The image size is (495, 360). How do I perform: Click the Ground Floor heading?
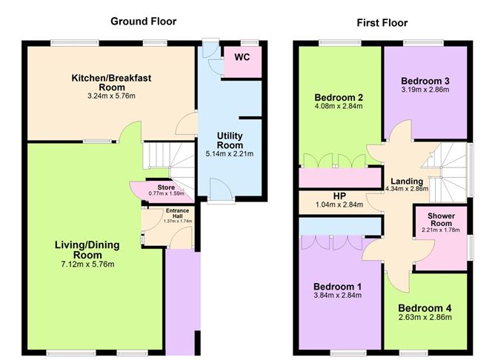pos(143,21)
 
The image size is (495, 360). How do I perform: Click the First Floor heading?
pos(382,23)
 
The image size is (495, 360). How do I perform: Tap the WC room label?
pos(242,57)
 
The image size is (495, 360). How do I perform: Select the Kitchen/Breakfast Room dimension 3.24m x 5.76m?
pos(111,96)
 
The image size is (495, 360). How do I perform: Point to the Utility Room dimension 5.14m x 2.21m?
pos(230,154)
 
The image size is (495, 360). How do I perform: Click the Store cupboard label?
pos(166,187)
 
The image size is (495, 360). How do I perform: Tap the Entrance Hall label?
pos(177,213)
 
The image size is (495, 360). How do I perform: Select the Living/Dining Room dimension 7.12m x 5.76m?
pos(87,264)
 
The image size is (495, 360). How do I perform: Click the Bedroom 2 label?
pos(339,98)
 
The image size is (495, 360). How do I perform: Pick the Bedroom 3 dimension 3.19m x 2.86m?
pos(425,90)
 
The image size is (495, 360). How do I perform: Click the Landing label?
pos(407,181)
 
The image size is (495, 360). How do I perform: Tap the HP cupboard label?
pos(339,196)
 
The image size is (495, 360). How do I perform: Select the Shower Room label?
pos(441,219)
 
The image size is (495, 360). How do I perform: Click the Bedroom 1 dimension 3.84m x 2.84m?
pos(337,296)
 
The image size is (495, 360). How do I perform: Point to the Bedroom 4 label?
pos(425,308)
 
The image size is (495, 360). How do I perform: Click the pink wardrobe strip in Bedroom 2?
pos(339,178)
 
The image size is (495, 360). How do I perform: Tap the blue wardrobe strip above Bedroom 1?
pos(339,226)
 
